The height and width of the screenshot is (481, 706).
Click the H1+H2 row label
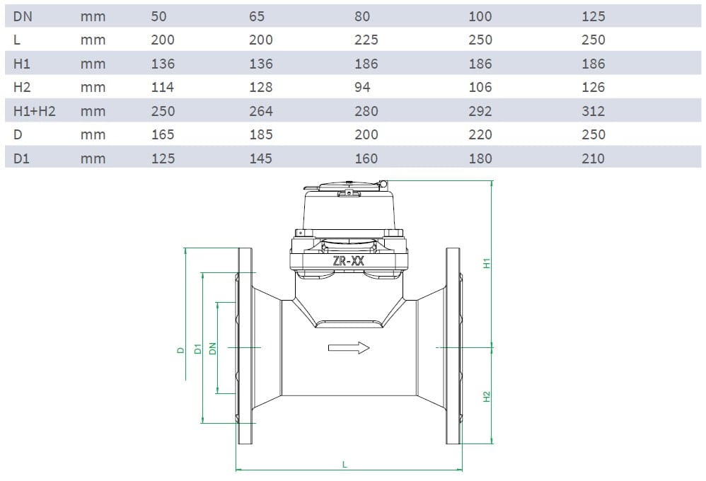tap(34, 111)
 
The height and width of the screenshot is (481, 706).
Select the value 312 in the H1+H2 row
tap(593, 111)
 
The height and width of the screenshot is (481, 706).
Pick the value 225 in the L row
tap(366, 40)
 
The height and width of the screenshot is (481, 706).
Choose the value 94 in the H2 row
tap(362, 87)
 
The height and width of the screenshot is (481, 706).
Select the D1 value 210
tap(593, 158)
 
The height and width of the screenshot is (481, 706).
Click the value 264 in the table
tap(260, 111)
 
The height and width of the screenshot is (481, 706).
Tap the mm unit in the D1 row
tap(93, 158)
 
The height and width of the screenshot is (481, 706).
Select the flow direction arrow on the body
tap(349, 347)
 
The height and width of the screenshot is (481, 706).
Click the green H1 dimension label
tap(487, 263)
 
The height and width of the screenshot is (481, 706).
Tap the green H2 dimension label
tap(487, 397)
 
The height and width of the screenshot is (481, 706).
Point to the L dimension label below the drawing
tap(345, 465)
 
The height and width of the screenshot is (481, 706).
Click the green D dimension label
tap(180, 349)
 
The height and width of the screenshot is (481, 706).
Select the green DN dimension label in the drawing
tap(212, 349)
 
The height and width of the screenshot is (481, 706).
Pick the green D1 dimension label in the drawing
tap(198, 349)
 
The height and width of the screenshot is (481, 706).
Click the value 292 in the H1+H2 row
tap(480, 111)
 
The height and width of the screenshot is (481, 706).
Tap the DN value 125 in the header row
tap(593, 16)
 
